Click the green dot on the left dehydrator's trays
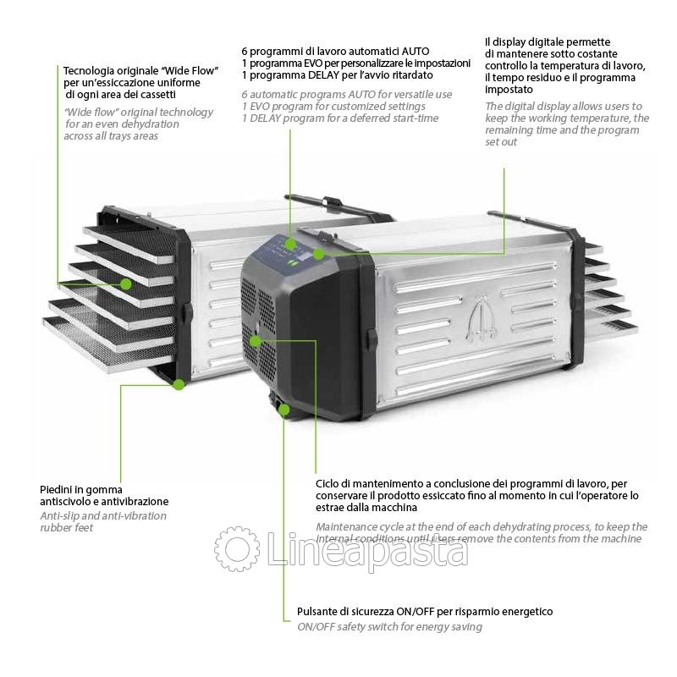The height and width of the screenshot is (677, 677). (125, 283)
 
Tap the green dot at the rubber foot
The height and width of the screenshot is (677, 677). (179, 384)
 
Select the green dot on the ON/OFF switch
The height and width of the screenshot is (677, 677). (284, 410)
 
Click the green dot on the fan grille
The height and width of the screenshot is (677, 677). (256, 341)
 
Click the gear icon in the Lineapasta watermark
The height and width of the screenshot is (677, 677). (236, 548)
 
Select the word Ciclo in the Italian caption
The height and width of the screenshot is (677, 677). (328, 482)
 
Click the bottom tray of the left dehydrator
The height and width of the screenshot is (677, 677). (85, 333)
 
